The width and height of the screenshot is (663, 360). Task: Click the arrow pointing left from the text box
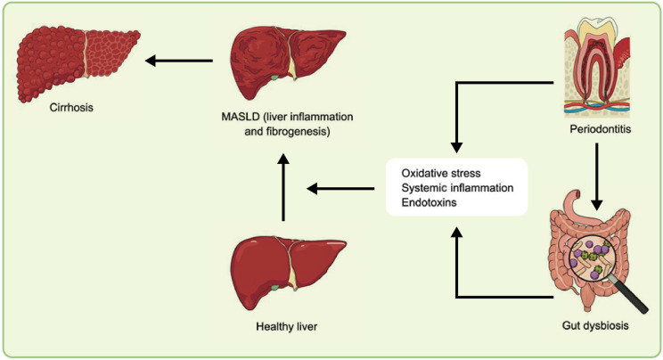point(340,188)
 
